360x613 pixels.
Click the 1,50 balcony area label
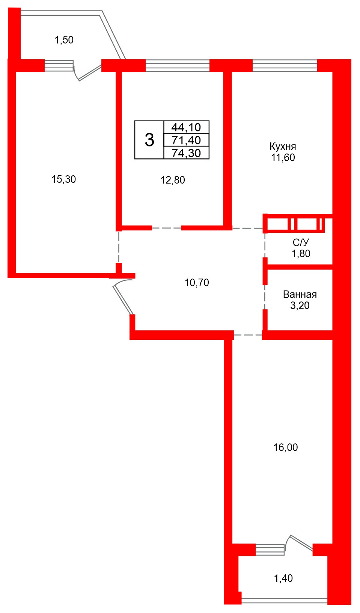point(64,40)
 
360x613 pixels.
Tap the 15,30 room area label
point(64,179)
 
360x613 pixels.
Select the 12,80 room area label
point(173,180)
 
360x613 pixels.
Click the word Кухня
point(283,147)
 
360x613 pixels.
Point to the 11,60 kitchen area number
point(283,158)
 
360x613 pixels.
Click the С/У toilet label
point(301,242)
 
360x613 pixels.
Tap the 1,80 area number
point(301,254)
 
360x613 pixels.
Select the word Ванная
point(300,294)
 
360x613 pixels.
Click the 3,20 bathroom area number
point(300,306)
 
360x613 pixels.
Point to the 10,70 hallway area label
point(197,283)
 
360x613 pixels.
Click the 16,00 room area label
point(286,447)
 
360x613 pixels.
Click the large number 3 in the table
point(149,140)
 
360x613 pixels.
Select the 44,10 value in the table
point(186,127)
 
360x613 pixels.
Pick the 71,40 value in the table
point(186,140)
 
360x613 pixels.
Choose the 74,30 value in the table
point(186,153)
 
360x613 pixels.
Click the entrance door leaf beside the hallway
point(123,300)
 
